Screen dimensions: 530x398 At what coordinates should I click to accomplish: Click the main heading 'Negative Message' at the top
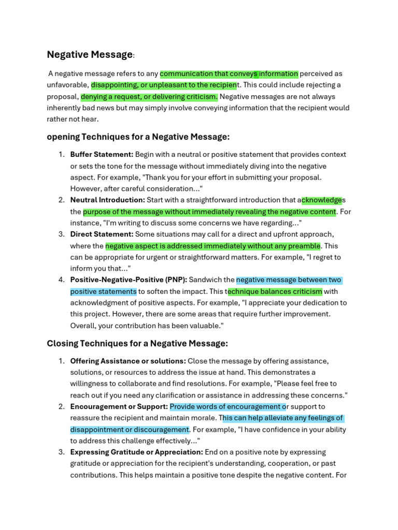90,54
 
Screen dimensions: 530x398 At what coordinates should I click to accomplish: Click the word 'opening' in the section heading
63,137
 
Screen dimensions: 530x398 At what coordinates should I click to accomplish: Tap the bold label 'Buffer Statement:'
102,154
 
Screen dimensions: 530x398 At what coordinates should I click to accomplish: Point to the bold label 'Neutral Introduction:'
107,200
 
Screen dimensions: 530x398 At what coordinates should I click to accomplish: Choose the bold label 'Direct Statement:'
102,234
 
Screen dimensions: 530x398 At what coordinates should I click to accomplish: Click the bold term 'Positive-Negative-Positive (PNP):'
129,279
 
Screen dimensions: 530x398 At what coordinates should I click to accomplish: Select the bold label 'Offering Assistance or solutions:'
128,361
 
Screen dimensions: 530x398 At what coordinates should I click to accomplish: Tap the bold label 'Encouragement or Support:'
119,406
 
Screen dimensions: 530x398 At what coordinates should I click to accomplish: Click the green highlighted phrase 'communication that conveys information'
229,73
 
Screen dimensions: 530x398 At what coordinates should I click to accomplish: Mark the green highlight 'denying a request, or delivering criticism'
149,96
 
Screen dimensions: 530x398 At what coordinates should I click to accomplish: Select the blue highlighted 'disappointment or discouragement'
130,429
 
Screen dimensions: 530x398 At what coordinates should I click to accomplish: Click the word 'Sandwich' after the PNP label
206,279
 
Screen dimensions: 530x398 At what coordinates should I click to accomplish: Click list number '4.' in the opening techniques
61,279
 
